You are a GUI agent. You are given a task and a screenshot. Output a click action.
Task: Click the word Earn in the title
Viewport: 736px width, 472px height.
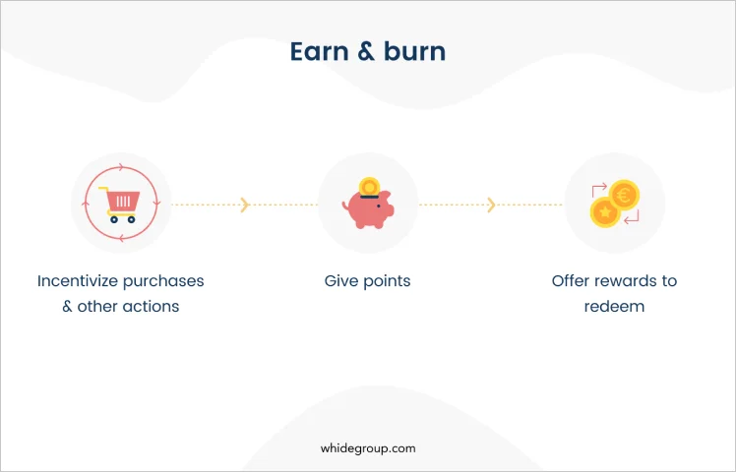[x=319, y=51]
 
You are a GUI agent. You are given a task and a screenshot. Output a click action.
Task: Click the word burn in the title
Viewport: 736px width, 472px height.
[x=414, y=51]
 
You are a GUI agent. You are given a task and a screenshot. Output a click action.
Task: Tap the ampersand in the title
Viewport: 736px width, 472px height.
[x=366, y=51]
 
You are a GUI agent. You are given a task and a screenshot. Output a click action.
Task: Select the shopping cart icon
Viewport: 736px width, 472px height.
[x=120, y=205]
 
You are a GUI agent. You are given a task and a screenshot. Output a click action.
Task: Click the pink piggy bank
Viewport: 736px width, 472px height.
[x=369, y=209]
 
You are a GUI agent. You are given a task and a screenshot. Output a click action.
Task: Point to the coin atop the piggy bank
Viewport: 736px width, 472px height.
[x=369, y=187]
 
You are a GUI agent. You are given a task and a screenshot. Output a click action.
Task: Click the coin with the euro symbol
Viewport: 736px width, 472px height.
[x=624, y=195]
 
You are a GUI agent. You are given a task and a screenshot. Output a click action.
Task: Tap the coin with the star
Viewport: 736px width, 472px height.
[x=605, y=212]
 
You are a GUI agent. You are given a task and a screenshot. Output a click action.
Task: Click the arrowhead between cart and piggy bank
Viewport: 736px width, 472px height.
[x=245, y=206]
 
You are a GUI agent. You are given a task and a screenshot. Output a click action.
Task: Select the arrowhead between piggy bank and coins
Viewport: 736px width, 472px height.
[x=491, y=206]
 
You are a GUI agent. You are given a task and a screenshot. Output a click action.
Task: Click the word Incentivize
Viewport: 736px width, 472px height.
[x=78, y=280]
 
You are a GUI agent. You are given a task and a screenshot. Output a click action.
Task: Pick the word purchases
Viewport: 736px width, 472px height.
[x=163, y=282]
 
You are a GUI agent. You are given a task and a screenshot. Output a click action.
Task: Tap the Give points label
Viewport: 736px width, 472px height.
[x=368, y=281]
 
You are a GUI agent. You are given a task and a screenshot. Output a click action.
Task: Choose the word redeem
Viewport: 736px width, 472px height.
[x=614, y=307]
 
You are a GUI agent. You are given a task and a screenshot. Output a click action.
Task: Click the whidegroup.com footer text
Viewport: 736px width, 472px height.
[x=368, y=448]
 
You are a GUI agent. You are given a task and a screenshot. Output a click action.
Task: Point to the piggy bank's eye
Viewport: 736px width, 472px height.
[x=379, y=206]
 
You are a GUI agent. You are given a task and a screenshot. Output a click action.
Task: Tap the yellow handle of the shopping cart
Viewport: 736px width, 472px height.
[x=103, y=190]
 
